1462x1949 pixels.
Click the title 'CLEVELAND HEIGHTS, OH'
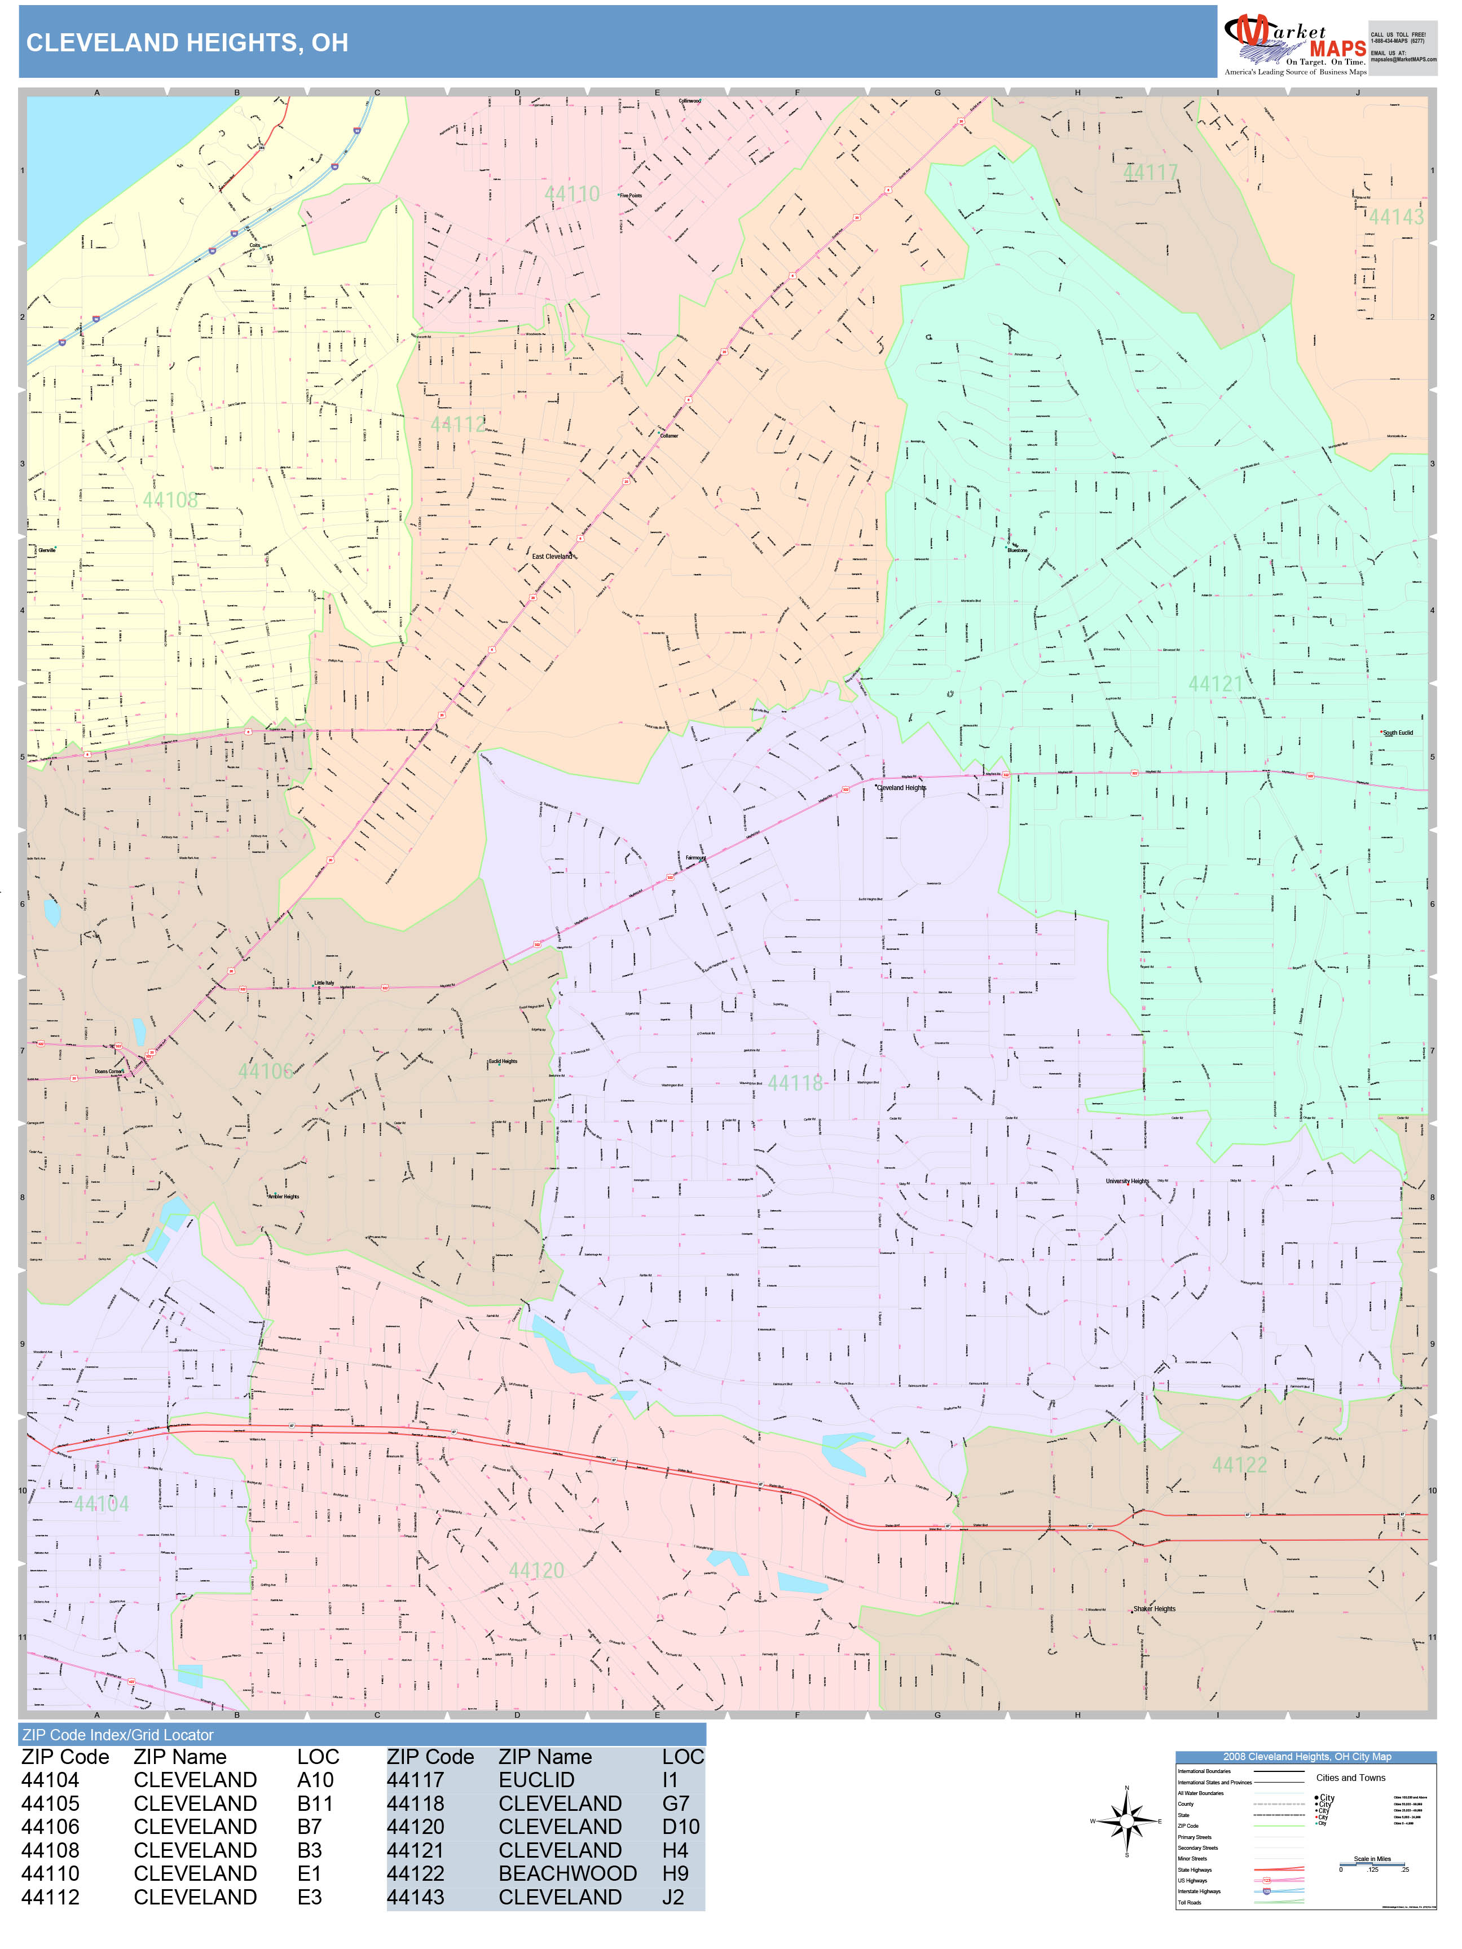[x=187, y=42]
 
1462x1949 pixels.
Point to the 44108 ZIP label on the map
[x=170, y=500]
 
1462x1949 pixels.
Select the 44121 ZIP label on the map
[x=1216, y=684]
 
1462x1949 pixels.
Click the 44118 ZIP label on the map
[x=795, y=1083]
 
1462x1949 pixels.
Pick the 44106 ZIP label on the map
[x=265, y=1070]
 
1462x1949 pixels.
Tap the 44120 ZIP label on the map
[x=536, y=1570]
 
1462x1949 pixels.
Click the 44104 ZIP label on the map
[x=102, y=1503]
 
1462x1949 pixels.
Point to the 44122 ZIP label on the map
[x=1239, y=1465]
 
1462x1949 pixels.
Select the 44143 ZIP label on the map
[x=1396, y=217]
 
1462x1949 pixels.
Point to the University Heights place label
[x=1127, y=1181]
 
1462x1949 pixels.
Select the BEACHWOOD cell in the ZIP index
[x=567, y=1873]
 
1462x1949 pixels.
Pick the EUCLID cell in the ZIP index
[x=536, y=1780]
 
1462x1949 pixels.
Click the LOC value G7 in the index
[x=675, y=1804]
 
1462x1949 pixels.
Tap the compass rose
[x=1126, y=1820]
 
